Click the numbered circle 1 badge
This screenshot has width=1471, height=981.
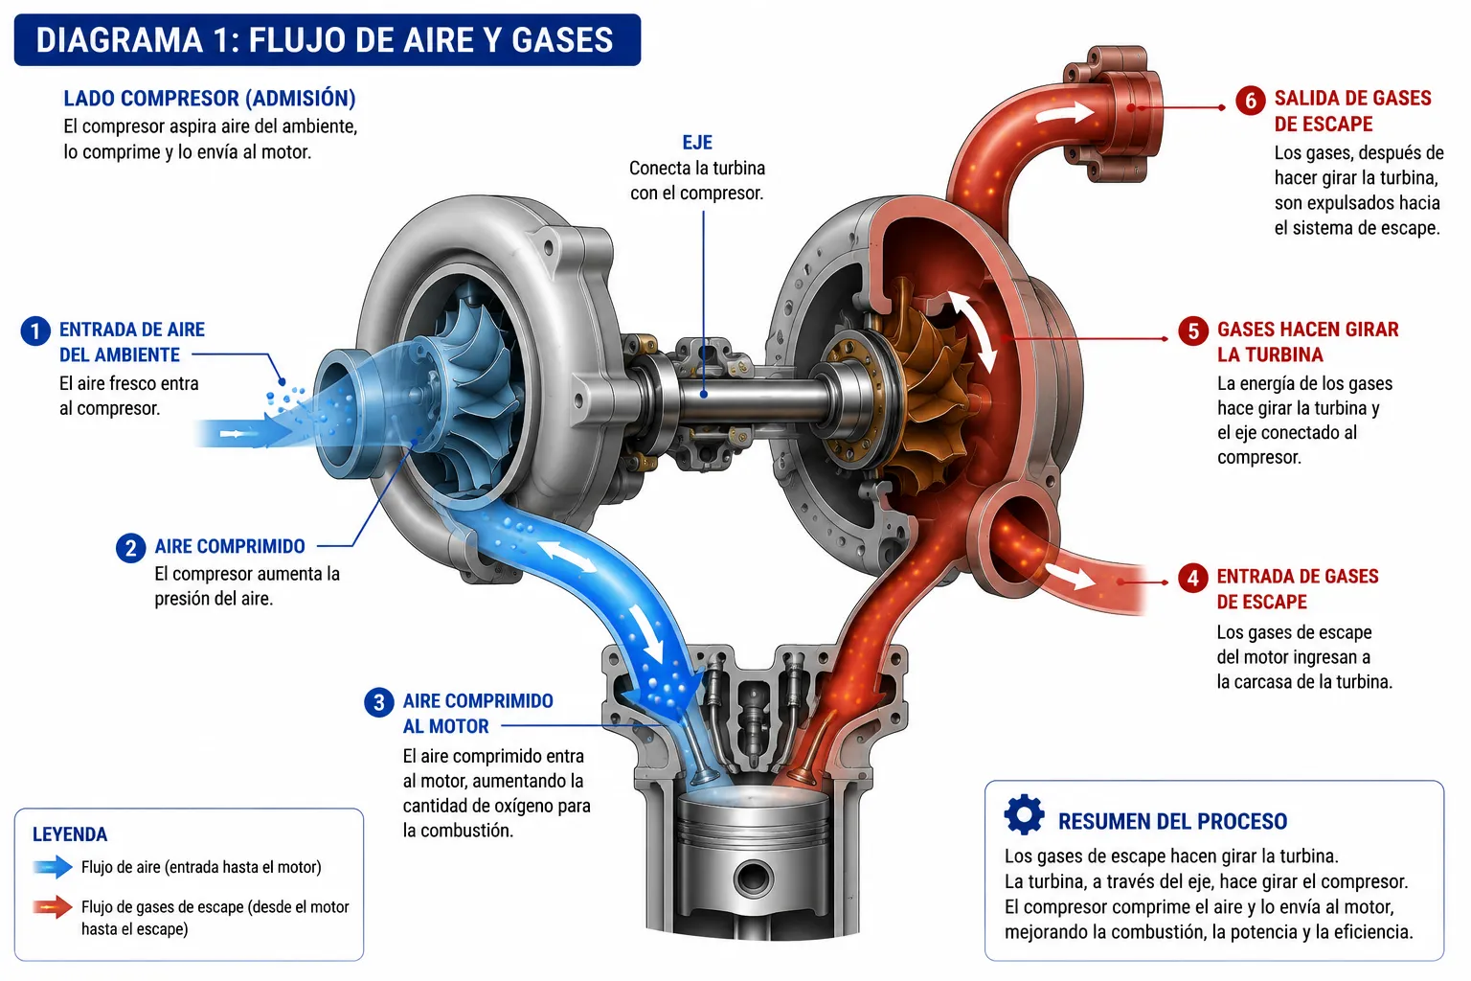tap(35, 331)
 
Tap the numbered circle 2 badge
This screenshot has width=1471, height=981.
tap(130, 548)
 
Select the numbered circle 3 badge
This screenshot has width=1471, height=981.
tap(379, 702)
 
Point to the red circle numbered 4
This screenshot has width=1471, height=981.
tap(1192, 579)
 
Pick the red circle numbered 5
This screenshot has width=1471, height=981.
tap(1193, 331)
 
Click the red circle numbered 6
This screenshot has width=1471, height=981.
tap(1251, 101)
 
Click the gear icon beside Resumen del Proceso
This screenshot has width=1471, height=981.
tap(1024, 814)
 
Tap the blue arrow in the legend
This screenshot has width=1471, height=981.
tap(53, 867)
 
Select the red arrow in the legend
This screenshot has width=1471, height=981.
tap(53, 906)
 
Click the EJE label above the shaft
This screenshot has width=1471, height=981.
tap(697, 143)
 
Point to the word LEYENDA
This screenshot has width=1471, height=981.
tap(70, 834)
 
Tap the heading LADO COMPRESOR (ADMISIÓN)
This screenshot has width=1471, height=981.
tap(210, 99)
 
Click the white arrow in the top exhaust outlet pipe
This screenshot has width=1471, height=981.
tap(1065, 112)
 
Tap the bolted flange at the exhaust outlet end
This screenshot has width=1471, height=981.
tap(1112, 113)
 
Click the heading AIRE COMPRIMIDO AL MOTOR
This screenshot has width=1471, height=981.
tap(478, 714)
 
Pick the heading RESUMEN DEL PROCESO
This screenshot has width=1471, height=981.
tap(1172, 821)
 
